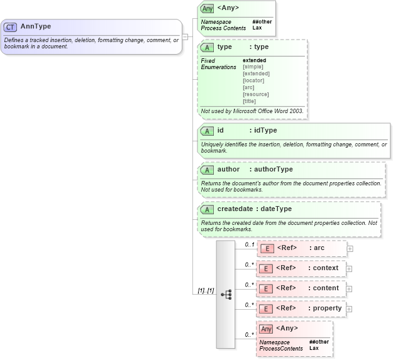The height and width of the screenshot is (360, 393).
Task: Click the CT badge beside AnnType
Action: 11,27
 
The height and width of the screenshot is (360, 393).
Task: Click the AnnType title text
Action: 36,26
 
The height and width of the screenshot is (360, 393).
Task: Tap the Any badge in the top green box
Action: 207,8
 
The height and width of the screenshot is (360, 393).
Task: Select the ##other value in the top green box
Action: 260,22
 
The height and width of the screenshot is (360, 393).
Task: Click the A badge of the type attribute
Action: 207,47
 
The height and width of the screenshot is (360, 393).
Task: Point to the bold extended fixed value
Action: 254,60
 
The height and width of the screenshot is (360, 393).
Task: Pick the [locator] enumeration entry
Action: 253,80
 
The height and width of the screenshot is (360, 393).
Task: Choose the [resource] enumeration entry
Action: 255,94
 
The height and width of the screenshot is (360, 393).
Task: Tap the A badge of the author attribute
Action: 207,170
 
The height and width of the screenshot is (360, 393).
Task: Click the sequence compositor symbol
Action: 226,294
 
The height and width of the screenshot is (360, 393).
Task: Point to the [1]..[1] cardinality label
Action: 206,290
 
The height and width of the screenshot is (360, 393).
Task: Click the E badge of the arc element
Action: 267,248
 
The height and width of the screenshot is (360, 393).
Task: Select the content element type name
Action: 326,288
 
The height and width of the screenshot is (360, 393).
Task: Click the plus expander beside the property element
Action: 350,308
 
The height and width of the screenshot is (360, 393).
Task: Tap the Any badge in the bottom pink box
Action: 267,329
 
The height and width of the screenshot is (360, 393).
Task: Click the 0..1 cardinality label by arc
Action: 249,244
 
